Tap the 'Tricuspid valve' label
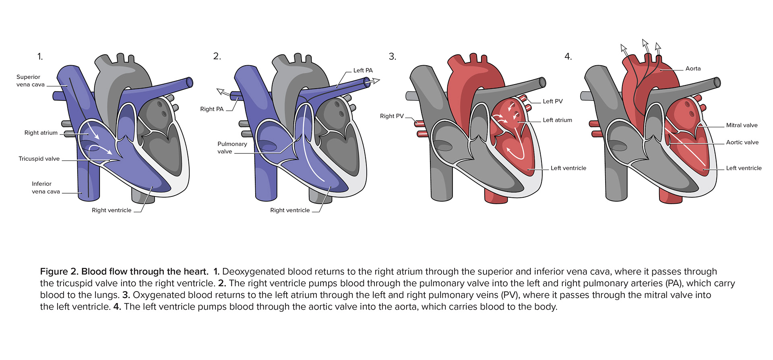coord(39,159)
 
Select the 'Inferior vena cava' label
coord(46,188)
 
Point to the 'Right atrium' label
coord(41,133)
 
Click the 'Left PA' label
coord(363,70)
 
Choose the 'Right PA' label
coord(212,109)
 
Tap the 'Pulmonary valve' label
coord(232,148)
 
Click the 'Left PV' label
coord(553,101)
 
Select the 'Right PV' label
coord(392,116)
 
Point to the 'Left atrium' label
coord(557,120)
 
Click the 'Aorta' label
coord(693,69)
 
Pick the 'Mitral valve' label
coord(742,125)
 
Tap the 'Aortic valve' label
coord(742,143)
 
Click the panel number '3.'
coord(393,56)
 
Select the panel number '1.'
coord(40,56)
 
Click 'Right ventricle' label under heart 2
coord(290,210)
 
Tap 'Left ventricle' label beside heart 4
coord(744,168)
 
